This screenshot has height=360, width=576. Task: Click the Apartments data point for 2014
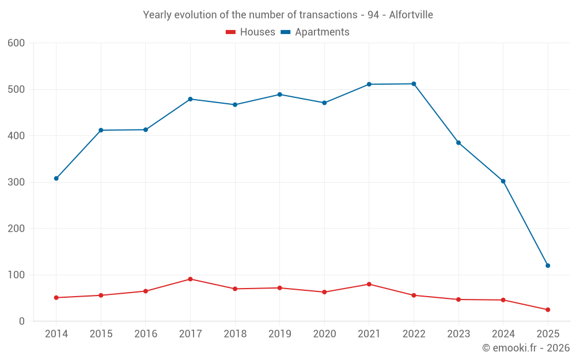click(x=56, y=179)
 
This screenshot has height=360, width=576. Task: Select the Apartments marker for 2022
click(x=414, y=84)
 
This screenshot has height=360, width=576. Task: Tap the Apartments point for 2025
click(x=548, y=266)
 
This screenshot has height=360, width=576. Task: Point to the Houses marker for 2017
click(x=190, y=279)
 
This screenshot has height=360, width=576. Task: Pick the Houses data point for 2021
click(x=369, y=284)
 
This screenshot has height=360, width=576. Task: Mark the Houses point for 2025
click(x=548, y=310)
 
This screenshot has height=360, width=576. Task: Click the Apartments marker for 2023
click(x=458, y=143)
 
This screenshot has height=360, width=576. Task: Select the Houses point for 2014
click(x=56, y=298)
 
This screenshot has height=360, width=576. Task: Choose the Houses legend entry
click(x=251, y=32)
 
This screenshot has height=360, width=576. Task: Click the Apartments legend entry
click(x=315, y=32)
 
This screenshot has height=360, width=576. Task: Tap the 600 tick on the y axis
click(x=17, y=43)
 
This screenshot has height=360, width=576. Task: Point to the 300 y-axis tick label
click(x=17, y=183)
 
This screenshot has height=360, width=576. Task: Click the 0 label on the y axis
click(x=22, y=321)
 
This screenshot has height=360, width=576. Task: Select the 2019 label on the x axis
click(x=279, y=334)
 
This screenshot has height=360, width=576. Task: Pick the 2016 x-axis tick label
click(x=145, y=334)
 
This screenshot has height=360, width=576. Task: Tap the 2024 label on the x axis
click(x=503, y=334)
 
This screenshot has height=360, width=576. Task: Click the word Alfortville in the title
click(x=411, y=15)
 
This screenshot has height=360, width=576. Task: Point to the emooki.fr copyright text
click(x=525, y=348)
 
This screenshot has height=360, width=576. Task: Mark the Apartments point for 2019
click(x=279, y=94)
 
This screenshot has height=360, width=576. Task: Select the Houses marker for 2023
click(x=458, y=300)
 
